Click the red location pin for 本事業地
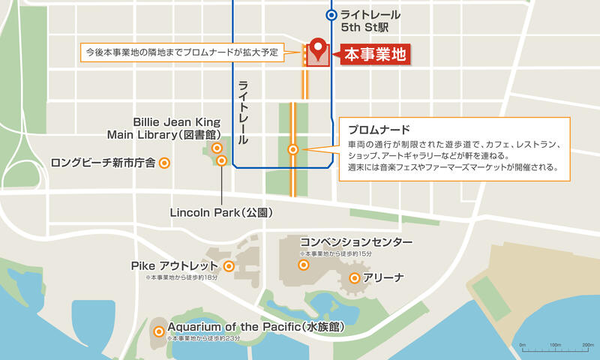(317, 48)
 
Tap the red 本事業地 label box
(376, 55)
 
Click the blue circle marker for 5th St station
(331, 15)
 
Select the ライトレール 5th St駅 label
(370, 22)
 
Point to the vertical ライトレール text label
(244, 112)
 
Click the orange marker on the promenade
(293, 149)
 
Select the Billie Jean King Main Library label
(177, 128)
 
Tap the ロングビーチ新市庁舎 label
(103, 162)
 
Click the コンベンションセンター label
(356, 242)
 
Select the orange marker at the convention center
(304, 264)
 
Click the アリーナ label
(384, 278)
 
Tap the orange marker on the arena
(355, 278)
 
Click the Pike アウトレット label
(174, 266)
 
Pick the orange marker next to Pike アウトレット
(229, 266)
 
